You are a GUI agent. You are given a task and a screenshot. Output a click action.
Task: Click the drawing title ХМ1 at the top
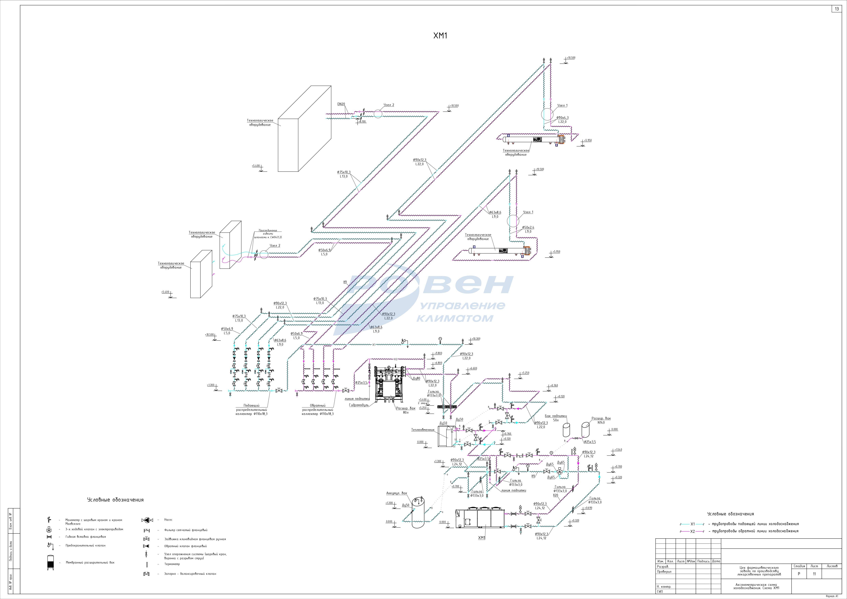click(440, 36)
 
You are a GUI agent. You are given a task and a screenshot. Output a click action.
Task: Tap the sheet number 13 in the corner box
click(837, 9)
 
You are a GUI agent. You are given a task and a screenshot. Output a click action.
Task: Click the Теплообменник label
click(423, 430)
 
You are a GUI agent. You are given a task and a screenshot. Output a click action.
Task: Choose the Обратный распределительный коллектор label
click(318, 410)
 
